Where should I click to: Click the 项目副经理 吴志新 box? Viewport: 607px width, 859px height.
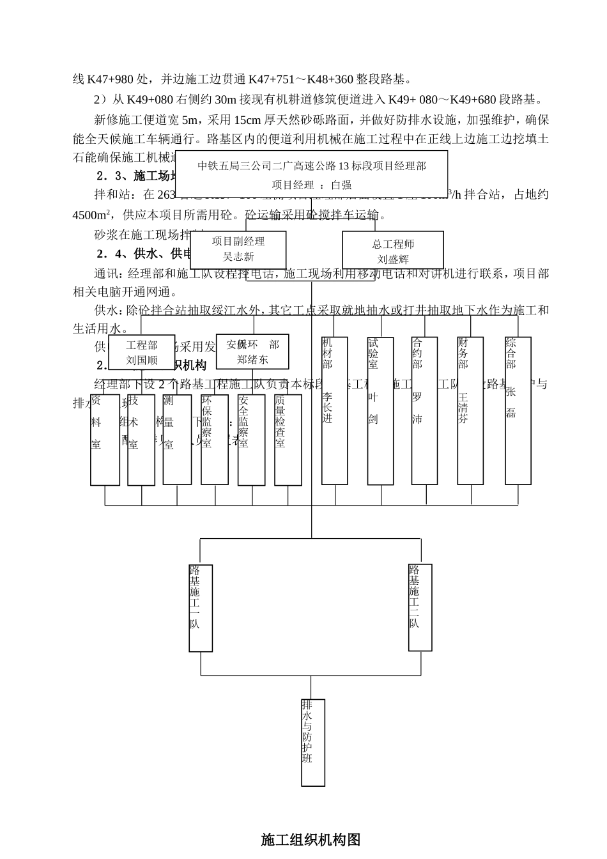point(238,250)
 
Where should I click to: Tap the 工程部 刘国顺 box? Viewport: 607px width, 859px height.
point(142,352)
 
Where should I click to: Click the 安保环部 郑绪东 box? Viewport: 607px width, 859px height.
point(252,352)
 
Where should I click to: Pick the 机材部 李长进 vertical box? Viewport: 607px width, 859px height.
point(335,410)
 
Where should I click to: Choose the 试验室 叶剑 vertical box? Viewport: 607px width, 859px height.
point(380,410)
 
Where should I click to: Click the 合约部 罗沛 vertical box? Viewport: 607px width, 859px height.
point(424,410)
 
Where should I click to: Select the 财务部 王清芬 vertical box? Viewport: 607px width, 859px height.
point(470,410)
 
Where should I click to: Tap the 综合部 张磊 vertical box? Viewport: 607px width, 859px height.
point(518,410)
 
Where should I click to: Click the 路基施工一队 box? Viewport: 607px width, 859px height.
point(201,607)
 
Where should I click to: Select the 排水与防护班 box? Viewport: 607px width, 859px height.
point(313,742)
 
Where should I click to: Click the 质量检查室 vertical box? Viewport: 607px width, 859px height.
point(288,440)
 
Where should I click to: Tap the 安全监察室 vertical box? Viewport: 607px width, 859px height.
point(251,440)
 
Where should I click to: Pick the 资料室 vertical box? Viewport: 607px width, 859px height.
point(105,440)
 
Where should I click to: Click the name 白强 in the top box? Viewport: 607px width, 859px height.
point(341,185)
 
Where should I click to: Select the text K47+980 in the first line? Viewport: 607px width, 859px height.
point(111,79)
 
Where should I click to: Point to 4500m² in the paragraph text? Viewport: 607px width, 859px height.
point(92,215)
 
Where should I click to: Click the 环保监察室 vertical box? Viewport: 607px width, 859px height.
point(215,440)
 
